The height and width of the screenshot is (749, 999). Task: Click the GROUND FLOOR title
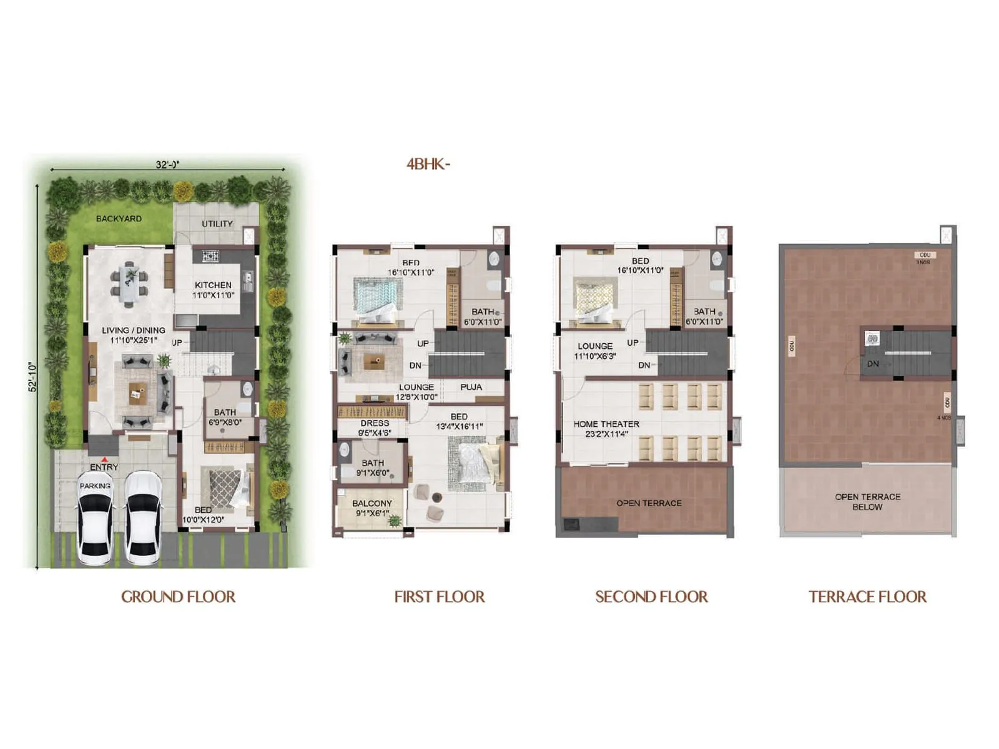click(x=178, y=597)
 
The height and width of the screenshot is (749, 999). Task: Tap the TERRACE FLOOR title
click(x=867, y=597)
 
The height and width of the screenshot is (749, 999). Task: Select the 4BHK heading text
click(x=428, y=164)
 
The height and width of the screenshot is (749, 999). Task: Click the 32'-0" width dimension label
click(x=167, y=165)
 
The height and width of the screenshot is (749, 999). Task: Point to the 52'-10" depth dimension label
click(x=33, y=377)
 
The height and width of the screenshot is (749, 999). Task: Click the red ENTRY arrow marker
click(x=104, y=459)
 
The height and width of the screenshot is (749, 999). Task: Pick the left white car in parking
click(x=95, y=518)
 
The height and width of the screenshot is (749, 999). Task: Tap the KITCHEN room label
click(x=213, y=285)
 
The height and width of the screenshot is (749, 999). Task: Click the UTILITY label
click(x=217, y=223)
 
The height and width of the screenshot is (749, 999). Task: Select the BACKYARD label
click(x=119, y=218)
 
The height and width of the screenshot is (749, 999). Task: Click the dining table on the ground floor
click(x=130, y=284)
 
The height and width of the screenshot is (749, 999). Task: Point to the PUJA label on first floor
click(x=471, y=387)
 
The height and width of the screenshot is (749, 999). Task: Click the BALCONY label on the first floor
click(x=372, y=503)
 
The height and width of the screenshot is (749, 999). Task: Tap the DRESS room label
click(x=375, y=423)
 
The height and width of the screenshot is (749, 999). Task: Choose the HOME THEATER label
click(x=606, y=424)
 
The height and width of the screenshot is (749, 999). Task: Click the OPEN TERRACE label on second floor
click(x=649, y=503)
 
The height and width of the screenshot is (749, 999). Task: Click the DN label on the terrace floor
click(x=873, y=364)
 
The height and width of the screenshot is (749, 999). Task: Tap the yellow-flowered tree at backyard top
click(x=183, y=190)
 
